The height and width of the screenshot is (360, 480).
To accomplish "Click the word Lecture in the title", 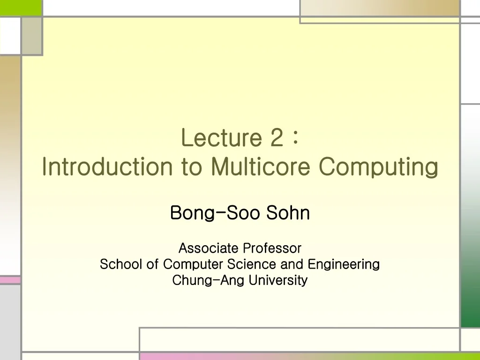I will pyautogui.click(x=221, y=137).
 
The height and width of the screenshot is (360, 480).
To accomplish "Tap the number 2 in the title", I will pyautogui.click(x=277, y=137).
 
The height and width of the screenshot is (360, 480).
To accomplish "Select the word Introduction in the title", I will pyautogui.click(x=107, y=167).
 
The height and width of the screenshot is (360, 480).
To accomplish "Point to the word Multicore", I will pyautogui.click(x=261, y=167).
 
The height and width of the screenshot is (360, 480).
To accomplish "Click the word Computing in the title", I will pyautogui.click(x=379, y=168).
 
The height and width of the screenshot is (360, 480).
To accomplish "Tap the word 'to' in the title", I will pyautogui.click(x=191, y=167).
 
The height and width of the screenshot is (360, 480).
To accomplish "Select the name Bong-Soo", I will pyautogui.click(x=216, y=213).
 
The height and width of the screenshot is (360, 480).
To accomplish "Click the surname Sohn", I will pyautogui.click(x=288, y=213).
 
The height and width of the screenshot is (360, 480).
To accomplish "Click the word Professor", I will pyautogui.click(x=272, y=247).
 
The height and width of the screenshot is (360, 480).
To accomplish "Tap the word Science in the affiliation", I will pyautogui.click(x=251, y=264).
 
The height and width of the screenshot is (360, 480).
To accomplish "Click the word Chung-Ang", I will pyautogui.click(x=208, y=281).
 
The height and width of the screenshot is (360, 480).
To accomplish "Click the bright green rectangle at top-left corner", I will pyautogui.click(x=21, y=7).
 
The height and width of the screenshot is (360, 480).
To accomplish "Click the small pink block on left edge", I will pyautogui.click(x=10, y=280).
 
